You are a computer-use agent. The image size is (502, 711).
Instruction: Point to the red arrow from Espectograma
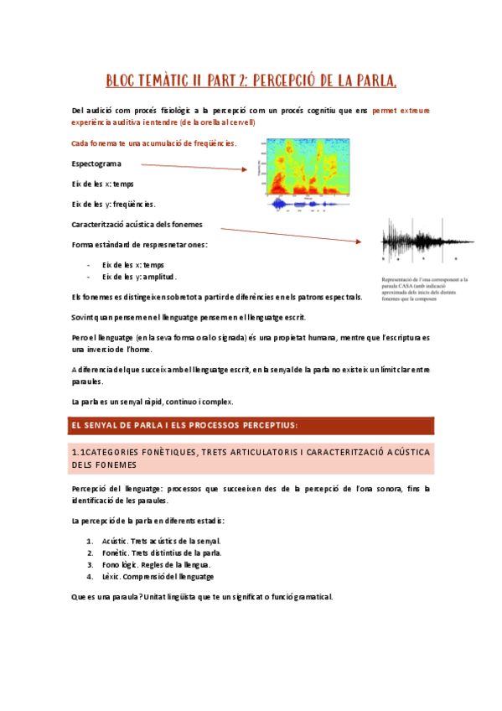(x=189, y=168)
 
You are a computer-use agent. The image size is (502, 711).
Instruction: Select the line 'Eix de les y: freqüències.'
(x=114, y=204)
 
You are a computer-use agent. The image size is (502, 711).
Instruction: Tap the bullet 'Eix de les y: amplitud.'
(x=139, y=277)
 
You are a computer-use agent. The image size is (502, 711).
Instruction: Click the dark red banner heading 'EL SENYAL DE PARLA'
(x=251, y=426)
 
